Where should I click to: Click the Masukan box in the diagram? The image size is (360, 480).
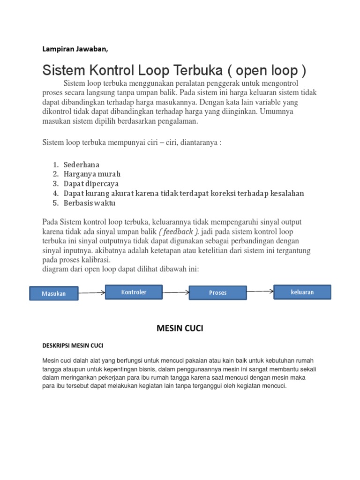(x=53, y=293)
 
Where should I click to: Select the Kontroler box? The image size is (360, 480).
(x=134, y=292)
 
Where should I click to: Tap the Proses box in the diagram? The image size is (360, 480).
(x=217, y=292)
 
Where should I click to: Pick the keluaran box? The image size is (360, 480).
(x=302, y=292)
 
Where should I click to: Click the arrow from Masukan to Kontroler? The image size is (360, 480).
(x=91, y=293)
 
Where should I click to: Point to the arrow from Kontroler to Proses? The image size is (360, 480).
(x=176, y=292)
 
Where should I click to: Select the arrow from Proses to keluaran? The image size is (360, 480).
(x=260, y=292)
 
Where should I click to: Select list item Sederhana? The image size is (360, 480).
(x=82, y=165)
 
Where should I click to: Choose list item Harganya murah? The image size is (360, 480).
(x=89, y=174)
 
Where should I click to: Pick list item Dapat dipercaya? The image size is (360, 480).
(x=91, y=184)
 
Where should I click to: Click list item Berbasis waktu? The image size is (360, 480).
(x=89, y=203)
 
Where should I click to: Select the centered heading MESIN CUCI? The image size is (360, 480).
(x=180, y=329)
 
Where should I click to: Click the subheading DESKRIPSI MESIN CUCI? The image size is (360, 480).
(x=73, y=345)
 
